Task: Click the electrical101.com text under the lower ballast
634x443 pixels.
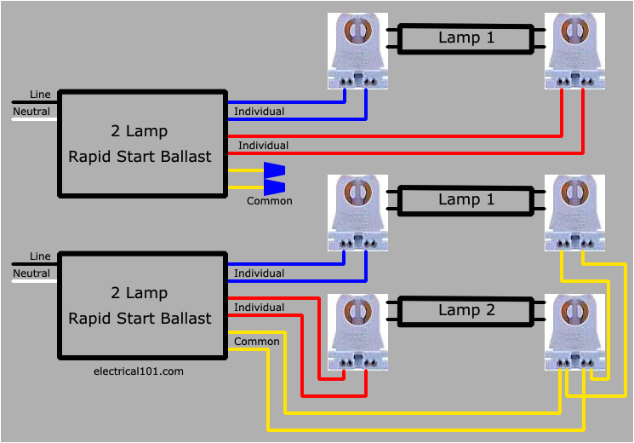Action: click(138, 371)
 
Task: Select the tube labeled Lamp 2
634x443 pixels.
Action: click(466, 311)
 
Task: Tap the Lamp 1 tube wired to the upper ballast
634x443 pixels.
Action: click(466, 38)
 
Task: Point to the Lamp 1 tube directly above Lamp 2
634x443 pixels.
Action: click(466, 199)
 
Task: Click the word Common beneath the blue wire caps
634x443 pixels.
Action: click(269, 201)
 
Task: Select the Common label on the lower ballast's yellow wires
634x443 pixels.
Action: click(256, 342)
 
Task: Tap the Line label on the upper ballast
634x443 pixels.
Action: click(40, 94)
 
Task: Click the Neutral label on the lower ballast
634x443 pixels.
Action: click(31, 273)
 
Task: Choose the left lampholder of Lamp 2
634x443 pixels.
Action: click(357, 332)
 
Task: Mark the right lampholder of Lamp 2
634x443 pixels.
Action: click(575, 332)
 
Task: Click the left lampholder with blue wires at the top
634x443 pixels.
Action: click(357, 51)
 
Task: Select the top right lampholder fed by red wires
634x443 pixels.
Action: click(575, 51)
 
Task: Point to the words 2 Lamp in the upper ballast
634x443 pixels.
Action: click(139, 131)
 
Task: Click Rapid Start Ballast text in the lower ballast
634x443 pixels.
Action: click(139, 319)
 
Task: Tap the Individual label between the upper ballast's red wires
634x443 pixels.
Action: click(263, 146)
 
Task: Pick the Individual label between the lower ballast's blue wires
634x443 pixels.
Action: click(259, 273)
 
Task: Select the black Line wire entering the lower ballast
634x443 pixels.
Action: click(34, 264)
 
